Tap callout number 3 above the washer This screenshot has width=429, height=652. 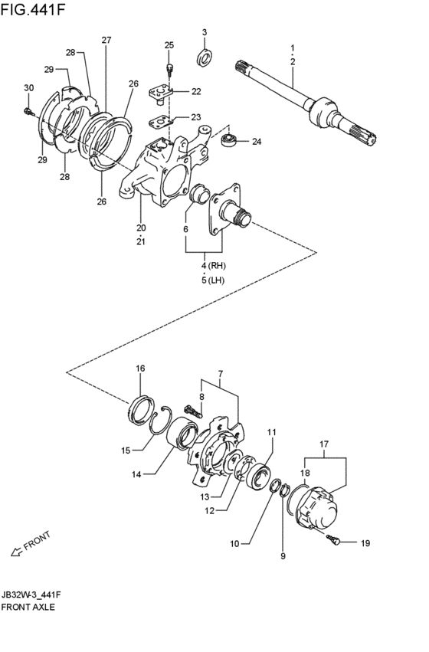pyautogui.click(x=205, y=32)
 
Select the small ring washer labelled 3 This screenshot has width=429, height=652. pyautogui.click(x=205, y=57)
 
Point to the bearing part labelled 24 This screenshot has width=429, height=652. pyautogui.click(x=227, y=140)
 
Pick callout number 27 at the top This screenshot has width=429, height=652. pyautogui.click(x=106, y=40)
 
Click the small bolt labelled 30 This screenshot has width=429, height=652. pyautogui.click(x=28, y=112)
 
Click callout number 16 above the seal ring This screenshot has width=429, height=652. pyautogui.click(x=140, y=369)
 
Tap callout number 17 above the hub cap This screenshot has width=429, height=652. pyautogui.click(x=324, y=444)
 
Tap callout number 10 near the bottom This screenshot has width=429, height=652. pyautogui.click(x=234, y=544)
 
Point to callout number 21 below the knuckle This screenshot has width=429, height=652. pyautogui.click(x=140, y=242)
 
